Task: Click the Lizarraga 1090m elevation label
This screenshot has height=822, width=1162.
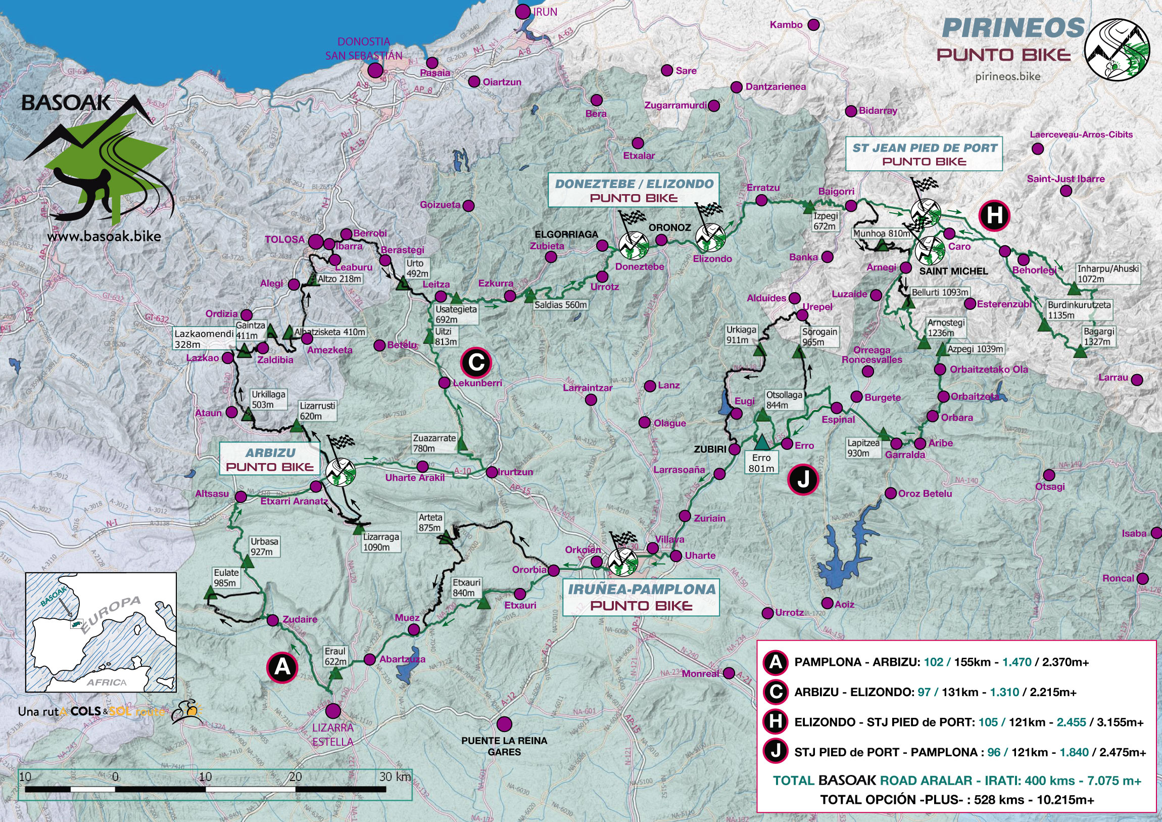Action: pyautogui.click(x=381, y=542)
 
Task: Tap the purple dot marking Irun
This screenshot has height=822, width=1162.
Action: pyautogui.click(x=522, y=12)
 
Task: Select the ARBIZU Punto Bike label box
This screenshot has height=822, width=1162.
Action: pyautogui.click(x=269, y=459)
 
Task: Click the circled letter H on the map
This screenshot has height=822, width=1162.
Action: pyautogui.click(x=994, y=215)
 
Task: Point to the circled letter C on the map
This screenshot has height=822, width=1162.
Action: pyautogui.click(x=476, y=362)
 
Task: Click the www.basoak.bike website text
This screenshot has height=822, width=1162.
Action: pyautogui.click(x=104, y=236)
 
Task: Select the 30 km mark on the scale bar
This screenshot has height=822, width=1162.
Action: pyautogui.click(x=395, y=777)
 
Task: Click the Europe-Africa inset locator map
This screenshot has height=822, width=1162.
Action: pyautogui.click(x=101, y=632)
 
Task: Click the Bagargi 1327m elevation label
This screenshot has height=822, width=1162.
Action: pyautogui.click(x=1099, y=337)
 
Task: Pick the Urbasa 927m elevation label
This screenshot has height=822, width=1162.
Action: pyautogui.click(x=264, y=546)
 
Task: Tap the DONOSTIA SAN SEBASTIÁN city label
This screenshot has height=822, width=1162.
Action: pyautogui.click(x=363, y=49)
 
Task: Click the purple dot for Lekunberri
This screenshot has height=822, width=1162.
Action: pyautogui.click(x=445, y=382)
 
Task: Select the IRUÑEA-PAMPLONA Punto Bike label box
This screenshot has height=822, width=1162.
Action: pyautogui.click(x=641, y=597)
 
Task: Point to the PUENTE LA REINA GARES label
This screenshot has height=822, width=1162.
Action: pyautogui.click(x=504, y=746)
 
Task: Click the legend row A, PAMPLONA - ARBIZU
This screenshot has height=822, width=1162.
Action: pyautogui.click(x=941, y=662)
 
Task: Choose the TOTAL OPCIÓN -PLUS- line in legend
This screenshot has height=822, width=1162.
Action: pyautogui.click(x=956, y=800)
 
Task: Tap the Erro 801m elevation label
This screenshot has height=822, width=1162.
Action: pyautogui.click(x=761, y=463)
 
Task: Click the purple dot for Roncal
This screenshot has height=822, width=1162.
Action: pyautogui.click(x=1142, y=578)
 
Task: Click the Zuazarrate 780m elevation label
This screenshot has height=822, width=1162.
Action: pyautogui.click(x=434, y=443)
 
